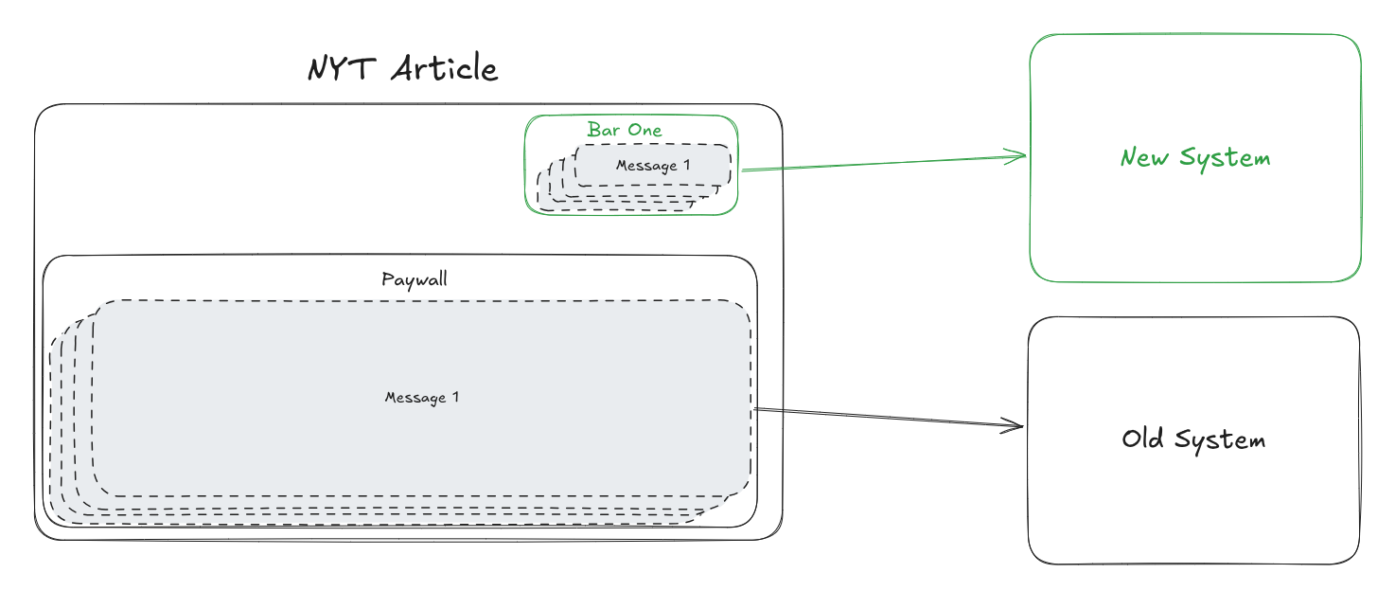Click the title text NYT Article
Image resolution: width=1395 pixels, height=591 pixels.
[x=402, y=69]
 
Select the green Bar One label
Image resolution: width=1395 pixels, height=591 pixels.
[x=625, y=130]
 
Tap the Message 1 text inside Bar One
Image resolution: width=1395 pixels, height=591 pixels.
[x=653, y=166]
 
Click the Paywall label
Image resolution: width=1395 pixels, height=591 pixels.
[x=415, y=279]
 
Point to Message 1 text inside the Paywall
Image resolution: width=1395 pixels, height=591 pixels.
[x=421, y=397]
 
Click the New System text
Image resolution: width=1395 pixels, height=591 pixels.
[x=1195, y=157]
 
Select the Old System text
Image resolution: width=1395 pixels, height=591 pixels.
[x=1193, y=439]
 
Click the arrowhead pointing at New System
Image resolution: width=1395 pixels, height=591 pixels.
[x=1020, y=155]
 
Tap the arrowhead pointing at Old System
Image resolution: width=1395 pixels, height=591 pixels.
[x=1017, y=426]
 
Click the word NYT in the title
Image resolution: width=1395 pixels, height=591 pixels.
[x=341, y=69]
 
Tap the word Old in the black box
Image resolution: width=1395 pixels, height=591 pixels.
[x=1143, y=439]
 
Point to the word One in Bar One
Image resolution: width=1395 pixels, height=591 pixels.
[x=645, y=130]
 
